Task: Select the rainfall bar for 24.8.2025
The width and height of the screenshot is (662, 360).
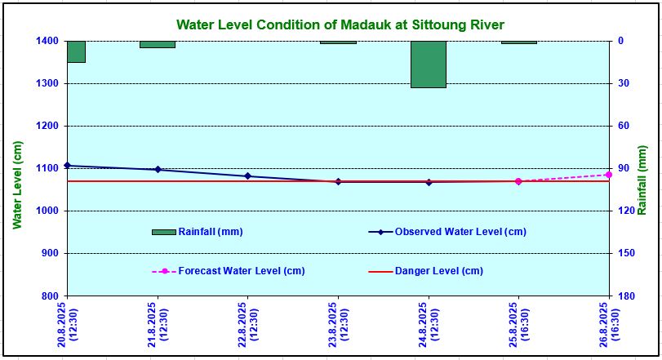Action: click(x=429, y=64)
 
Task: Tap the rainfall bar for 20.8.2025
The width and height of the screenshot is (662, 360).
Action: click(x=76, y=51)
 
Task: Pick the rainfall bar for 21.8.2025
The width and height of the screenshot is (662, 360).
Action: click(x=158, y=44)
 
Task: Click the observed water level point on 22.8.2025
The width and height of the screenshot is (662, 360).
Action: click(x=248, y=176)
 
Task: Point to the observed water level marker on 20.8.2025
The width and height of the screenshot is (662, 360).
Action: click(x=68, y=166)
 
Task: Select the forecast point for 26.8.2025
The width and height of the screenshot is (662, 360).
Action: click(x=609, y=175)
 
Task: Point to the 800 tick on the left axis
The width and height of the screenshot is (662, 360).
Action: click(x=50, y=296)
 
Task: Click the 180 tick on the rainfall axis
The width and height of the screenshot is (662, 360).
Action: click(x=622, y=296)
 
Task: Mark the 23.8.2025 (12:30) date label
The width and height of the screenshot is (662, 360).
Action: click(x=338, y=325)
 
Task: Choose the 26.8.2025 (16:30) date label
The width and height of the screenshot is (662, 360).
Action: click(x=608, y=325)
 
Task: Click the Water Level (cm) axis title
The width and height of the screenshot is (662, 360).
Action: click(x=18, y=184)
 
